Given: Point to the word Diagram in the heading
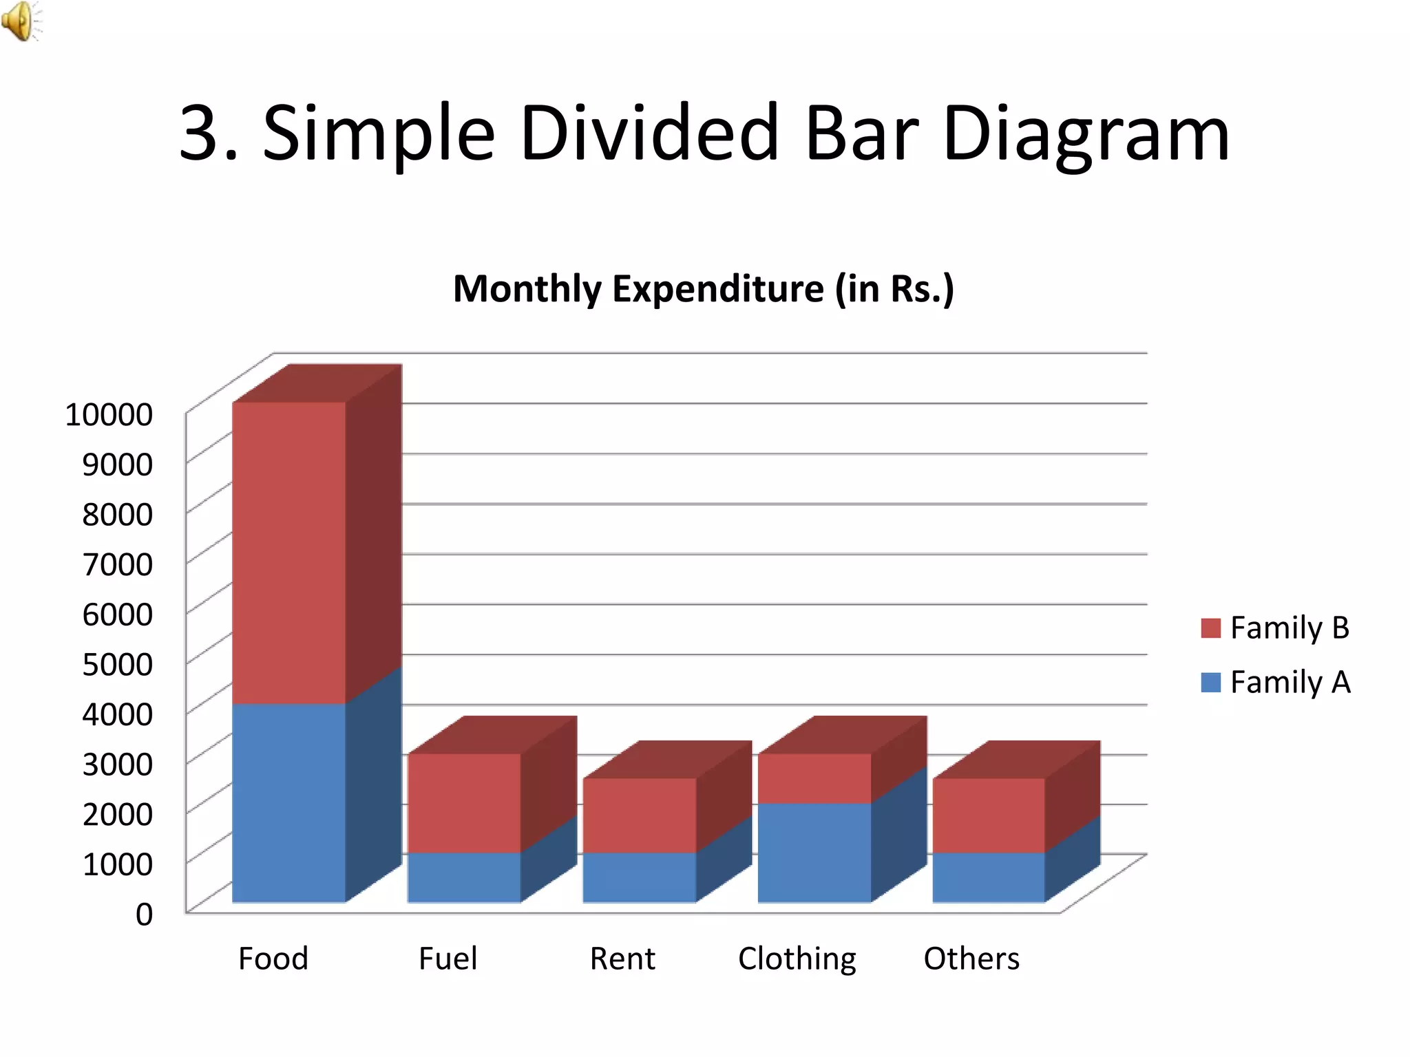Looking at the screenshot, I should [x=1086, y=134].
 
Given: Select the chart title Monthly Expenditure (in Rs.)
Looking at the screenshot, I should [x=704, y=288].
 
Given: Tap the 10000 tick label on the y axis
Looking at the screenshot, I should [x=109, y=414].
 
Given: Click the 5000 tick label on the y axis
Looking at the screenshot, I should [x=117, y=664].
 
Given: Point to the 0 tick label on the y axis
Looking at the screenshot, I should [x=144, y=914].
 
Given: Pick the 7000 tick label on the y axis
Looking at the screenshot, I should [x=117, y=564].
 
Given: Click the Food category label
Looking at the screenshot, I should [x=273, y=958].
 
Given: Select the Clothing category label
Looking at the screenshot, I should [x=797, y=959].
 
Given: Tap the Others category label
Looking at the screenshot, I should [x=971, y=958].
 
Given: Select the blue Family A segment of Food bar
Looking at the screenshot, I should [x=289, y=802].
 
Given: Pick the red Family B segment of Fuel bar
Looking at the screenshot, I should [x=464, y=803].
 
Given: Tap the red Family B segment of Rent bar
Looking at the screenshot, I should [x=640, y=815].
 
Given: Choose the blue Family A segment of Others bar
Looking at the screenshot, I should [x=989, y=877].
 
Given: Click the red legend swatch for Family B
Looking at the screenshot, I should [x=1210, y=628].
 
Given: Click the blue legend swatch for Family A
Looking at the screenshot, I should [x=1210, y=683].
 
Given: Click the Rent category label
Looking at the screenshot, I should [x=622, y=958].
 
